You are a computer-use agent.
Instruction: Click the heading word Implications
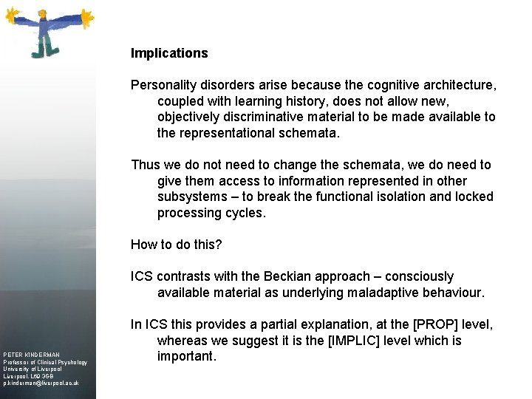(169, 53)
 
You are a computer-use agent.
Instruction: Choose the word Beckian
(293, 276)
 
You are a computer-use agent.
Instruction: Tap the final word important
(186, 357)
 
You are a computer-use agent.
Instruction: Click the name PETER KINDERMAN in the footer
(32, 355)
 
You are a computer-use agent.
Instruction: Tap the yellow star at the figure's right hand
(86, 16)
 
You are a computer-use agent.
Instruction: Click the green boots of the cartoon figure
(43, 51)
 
